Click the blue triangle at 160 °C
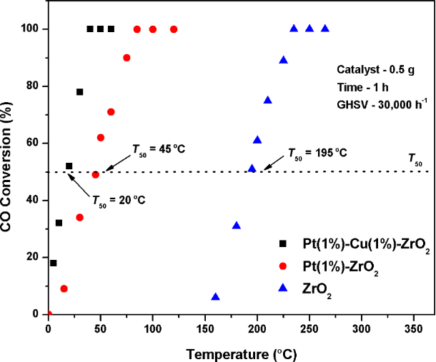pyautogui.click(x=215, y=296)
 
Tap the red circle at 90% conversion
pyautogui.click(x=127, y=58)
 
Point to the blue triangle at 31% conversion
pyautogui.click(x=237, y=225)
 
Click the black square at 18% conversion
pyautogui.click(x=53, y=263)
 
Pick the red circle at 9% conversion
pyautogui.click(x=64, y=288)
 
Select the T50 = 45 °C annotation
pyautogui.click(x=158, y=149)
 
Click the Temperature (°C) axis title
pyautogui.click(x=232, y=352)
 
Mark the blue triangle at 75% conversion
pyautogui.click(x=268, y=100)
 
